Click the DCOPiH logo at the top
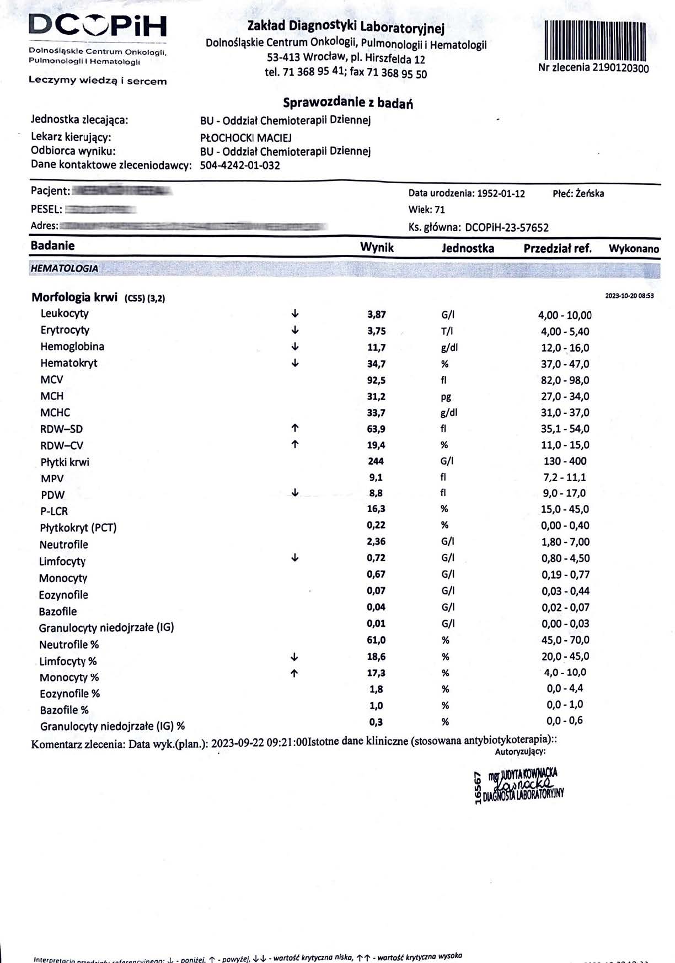click(x=98, y=26)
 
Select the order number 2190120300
click(x=620, y=68)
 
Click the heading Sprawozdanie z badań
click(x=348, y=103)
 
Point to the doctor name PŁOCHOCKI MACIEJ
click(x=246, y=137)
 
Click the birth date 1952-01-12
click(x=501, y=193)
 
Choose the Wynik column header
click(x=377, y=247)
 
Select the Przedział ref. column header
click(x=557, y=248)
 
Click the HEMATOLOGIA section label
click(x=65, y=269)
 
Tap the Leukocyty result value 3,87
click(x=377, y=315)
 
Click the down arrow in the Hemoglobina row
click(x=295, y=347)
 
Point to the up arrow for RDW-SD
click(x=295, y=428)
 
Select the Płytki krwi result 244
click(x=376, y=461)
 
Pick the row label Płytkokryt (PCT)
click(x=78, y=528)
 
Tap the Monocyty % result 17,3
click(x=376, y=673)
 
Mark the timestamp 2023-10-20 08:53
click(x=629, y=296)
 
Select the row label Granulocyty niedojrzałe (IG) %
click(x=112, y=726)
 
